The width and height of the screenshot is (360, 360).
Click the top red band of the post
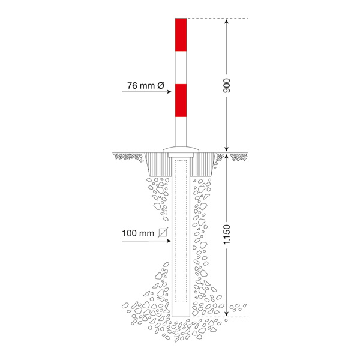point(181,35)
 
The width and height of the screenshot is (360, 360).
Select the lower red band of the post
point(181,101)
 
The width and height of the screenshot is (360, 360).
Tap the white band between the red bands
point(181,67)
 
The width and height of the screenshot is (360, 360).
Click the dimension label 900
point(226,85)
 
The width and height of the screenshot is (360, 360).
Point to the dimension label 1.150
point(226,235)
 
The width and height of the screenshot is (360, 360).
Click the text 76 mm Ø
point(146,86)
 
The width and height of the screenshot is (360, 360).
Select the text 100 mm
point(138,233)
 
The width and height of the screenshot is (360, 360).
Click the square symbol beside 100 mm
point(163,233)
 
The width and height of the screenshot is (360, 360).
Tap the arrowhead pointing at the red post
point(169,92)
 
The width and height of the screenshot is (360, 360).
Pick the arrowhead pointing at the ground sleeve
point(169,241)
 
